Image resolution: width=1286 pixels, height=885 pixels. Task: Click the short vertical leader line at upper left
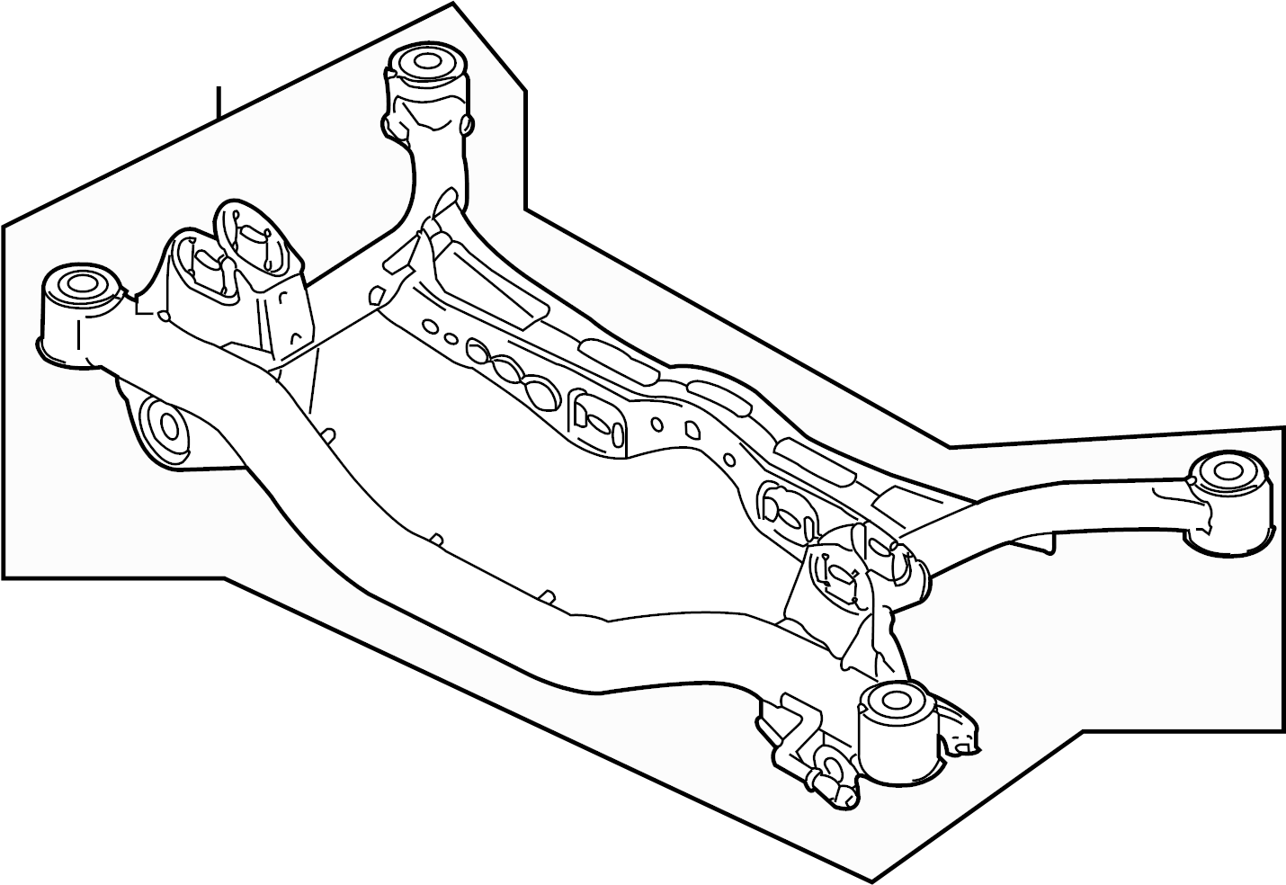[x=217, y=103]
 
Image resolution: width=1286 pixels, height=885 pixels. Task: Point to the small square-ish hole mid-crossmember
[x=692, y=431]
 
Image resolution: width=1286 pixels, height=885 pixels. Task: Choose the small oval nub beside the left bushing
[x=164, y=316]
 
